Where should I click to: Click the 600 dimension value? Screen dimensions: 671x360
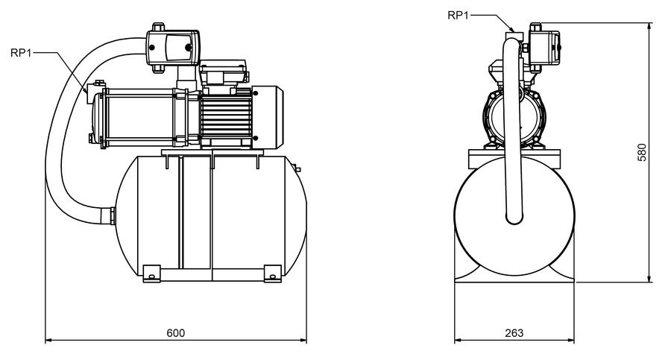(x=175, y=333)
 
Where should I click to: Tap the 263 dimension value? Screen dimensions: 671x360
(x=514, y=333)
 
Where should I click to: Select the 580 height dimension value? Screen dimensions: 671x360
(x=642, y=152)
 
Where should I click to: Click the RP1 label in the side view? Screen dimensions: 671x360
(x=21, y=53)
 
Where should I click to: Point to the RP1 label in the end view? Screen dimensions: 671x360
(x=458, y=16)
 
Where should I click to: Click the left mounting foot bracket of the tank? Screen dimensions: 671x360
(x=151, y=274)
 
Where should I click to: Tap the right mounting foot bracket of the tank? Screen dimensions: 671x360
(x=273, y=274)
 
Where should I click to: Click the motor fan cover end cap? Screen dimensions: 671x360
(x=268, y=117)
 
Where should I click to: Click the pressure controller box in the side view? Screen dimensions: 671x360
(x=173, y=47)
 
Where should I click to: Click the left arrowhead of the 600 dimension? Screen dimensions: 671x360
(x=48, y=341)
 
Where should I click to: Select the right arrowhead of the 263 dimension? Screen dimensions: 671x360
(x=571, y=341)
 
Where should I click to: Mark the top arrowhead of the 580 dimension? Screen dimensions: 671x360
(x=650, y=26)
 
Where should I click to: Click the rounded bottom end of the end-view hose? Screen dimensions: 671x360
(x=514, y=218)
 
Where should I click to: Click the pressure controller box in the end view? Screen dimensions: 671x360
(x=544, y=48)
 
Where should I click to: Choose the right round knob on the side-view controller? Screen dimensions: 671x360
(x=189, y=47)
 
